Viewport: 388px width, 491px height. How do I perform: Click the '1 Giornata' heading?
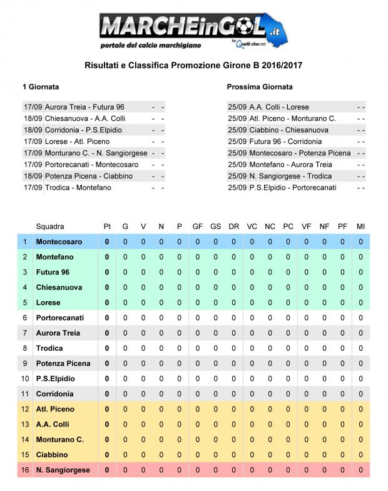pyautogui.click(x=41, y=87)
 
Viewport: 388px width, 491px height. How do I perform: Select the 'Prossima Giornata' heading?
pyautogui.click(x=260, y=87)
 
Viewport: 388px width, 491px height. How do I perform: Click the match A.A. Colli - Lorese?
pyautogui.click(x=279, y=107)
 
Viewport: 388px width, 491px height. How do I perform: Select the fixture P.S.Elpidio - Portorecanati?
pyautogui.click(x=292, y=187)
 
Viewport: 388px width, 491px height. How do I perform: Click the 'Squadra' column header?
pyautogui.click(x=50, y=226)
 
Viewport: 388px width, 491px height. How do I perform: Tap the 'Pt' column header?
pyautogui.click(x=107, y=226)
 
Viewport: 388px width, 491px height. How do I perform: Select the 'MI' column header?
pyautogui.click(x=360, y=226)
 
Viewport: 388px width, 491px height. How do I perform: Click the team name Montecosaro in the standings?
pyautogui.click(x=59, y=241)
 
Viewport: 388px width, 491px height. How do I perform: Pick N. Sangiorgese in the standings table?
pyautogui.click(x=63, y=470)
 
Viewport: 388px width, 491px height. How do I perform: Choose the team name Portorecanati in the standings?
pyautogui.click(x=60, y=318)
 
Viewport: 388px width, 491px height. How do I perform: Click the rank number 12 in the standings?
pyautogui.click(x=26, y=409)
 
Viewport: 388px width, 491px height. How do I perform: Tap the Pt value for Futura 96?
pyautogui.click(x=107, y=272)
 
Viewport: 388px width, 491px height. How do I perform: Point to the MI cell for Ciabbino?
pyautogui.click(x=360, y=455)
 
